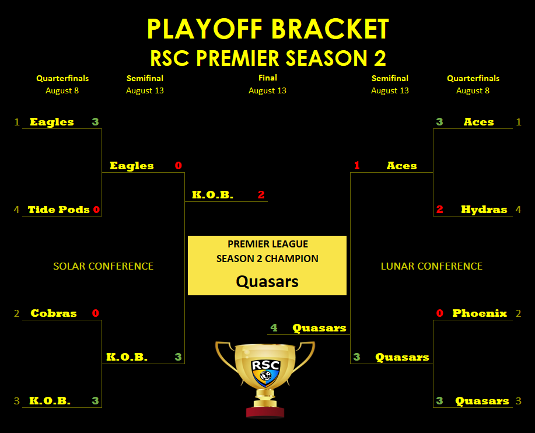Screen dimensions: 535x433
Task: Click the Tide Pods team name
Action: (59, 209)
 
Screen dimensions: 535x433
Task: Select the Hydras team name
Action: (484, 209)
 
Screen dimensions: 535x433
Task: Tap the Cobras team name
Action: (54, 313)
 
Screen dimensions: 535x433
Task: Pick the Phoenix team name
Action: (480, 313)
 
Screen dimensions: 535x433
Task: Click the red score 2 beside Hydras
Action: (439, 209)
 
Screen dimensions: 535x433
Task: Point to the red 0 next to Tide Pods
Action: (96, 209)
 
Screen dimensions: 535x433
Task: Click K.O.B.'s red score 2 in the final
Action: (261, 195)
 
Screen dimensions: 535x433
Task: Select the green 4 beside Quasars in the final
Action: (274, 328)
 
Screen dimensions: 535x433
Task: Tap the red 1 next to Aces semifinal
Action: (357, 166)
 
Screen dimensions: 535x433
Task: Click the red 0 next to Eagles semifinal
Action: (178, 166)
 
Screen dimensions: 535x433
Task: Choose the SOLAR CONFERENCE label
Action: (103, 266)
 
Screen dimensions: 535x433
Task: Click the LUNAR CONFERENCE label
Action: (432, 266)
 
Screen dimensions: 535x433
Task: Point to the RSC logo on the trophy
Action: (266, 372)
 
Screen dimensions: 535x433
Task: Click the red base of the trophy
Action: (265, 412)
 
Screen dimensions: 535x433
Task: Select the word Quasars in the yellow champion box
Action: (267, 282)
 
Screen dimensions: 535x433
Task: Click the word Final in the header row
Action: (267, 78)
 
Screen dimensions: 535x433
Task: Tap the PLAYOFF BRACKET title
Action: (268, 29)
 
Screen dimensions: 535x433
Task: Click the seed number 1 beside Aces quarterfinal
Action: (519, 122)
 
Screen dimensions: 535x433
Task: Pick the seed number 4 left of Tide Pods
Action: (16, 209)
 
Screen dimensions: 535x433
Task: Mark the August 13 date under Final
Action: (267, 91)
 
